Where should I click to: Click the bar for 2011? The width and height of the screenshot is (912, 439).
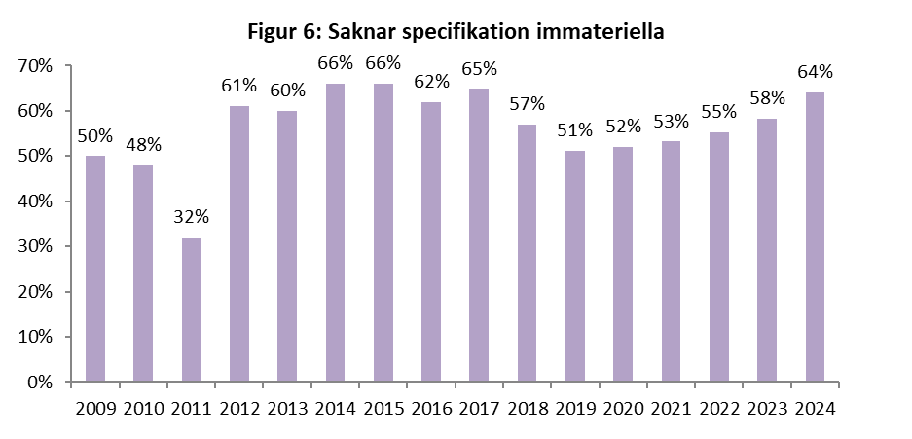click(191, 310)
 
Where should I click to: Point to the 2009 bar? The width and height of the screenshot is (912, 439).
click(94, 269)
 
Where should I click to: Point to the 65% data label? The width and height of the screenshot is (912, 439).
click(479, 69)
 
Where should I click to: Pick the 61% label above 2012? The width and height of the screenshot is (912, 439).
click(238, 87)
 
